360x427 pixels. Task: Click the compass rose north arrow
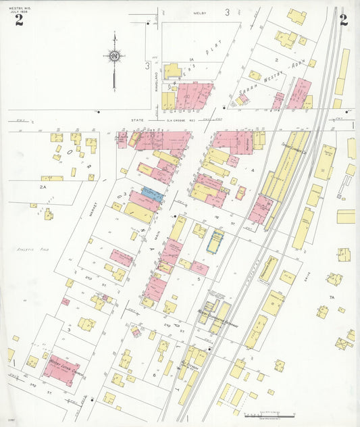[114, 55]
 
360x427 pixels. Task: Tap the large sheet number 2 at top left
[19, 20]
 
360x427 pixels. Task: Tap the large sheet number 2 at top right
[343, 20]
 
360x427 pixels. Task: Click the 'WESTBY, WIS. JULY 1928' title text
[19, 8]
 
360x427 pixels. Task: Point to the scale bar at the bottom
[271, 413]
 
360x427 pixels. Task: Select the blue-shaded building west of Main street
[153, 195]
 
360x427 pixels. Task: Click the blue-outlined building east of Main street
[215, 241]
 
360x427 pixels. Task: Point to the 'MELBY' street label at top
[199, 13]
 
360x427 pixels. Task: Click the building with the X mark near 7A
[344, 343]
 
